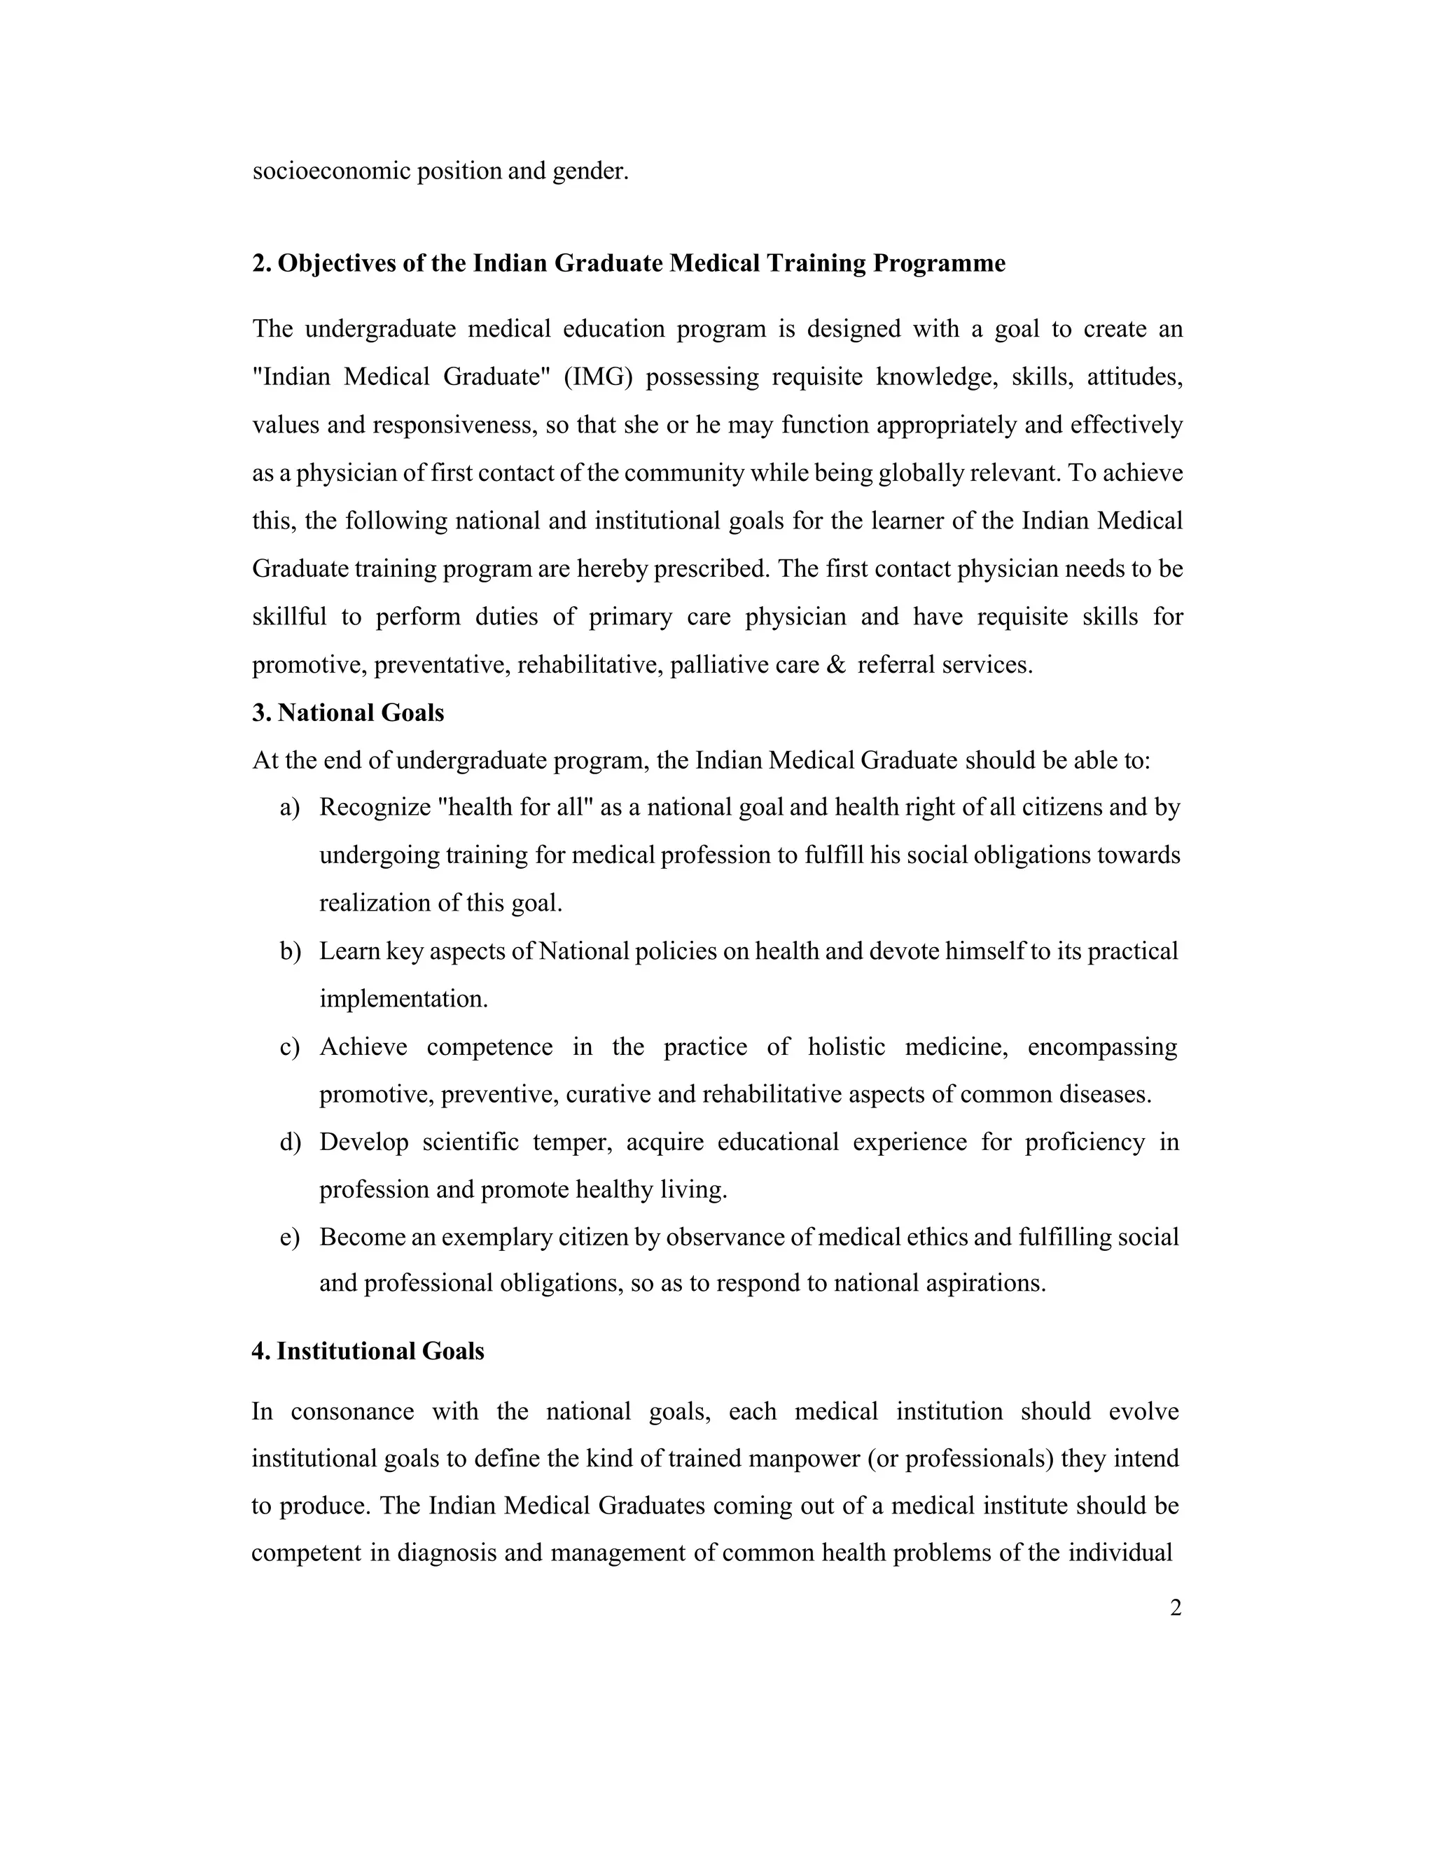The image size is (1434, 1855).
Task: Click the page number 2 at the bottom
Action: tap(1175, 1608)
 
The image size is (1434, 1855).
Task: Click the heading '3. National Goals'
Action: tap(348, 713)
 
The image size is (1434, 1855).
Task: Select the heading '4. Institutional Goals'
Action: tap(368, 1351)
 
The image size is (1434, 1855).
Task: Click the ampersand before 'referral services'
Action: tap(835, 664)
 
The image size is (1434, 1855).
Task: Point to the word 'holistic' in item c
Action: tap(846, 1046)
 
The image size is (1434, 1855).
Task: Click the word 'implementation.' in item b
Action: tap(403, 999)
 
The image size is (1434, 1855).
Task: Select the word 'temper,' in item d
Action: tap(572, 1142)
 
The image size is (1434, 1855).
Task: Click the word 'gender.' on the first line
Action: tap(590, 171)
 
